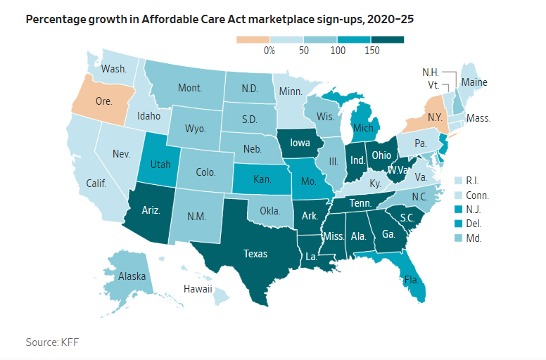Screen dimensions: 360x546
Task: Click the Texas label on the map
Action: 254,255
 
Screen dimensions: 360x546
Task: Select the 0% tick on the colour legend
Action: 269,51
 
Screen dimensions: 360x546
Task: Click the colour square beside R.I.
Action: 460,181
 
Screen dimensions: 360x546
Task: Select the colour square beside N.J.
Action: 460,209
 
